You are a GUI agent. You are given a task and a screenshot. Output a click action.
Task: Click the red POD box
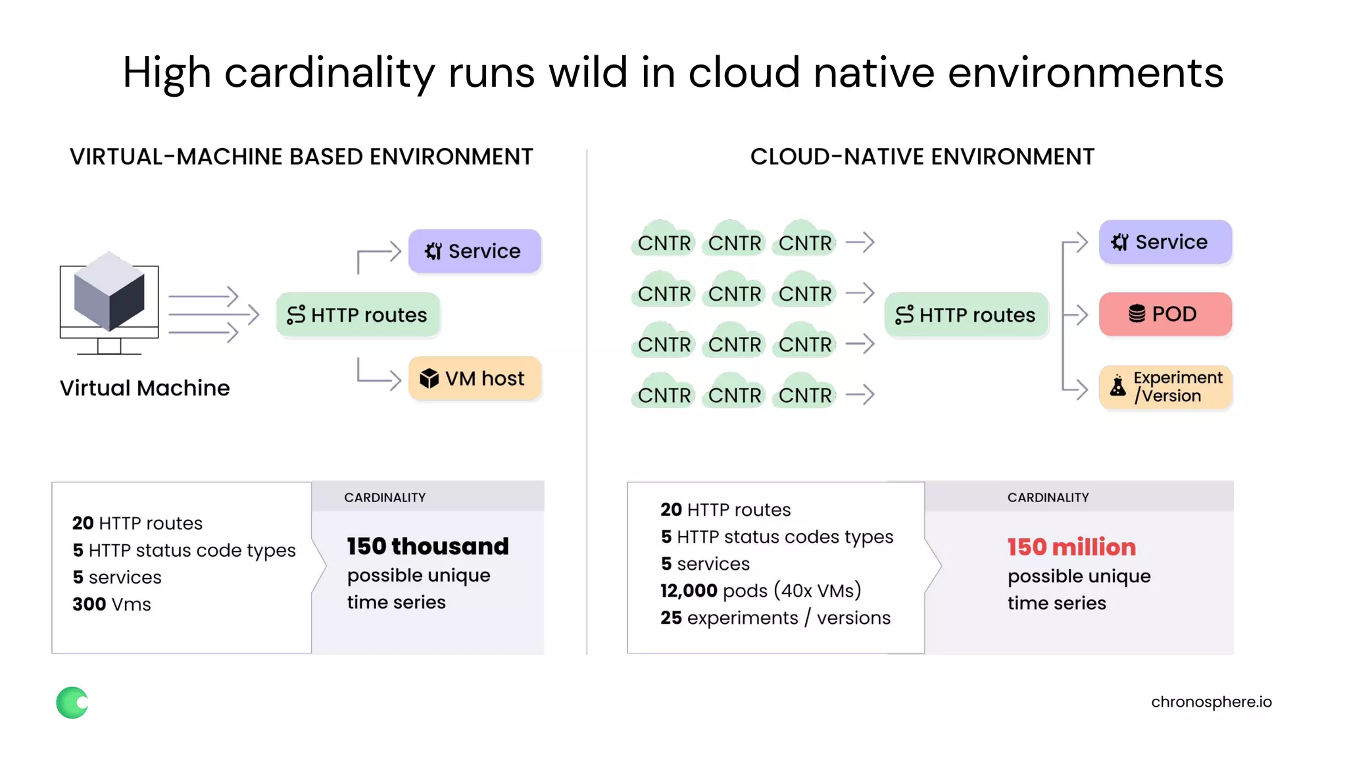1165,314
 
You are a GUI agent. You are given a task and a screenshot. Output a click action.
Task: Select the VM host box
474,378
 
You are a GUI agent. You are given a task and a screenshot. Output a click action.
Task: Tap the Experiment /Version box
1165,387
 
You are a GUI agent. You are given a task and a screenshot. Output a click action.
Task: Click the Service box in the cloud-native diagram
1165,241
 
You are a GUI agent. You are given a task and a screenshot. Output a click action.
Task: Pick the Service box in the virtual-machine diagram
474,251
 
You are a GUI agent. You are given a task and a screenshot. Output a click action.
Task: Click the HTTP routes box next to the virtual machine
358,315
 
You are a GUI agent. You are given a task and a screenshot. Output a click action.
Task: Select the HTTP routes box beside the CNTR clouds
966,315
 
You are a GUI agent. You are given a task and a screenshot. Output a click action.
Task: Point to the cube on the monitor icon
109,290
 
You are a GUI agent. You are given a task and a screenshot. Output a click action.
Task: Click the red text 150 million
1071,547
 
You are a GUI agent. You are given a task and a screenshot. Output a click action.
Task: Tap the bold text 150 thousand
428,546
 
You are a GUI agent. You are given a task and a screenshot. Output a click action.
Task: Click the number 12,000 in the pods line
689,590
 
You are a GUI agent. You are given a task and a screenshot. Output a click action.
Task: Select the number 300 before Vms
89,604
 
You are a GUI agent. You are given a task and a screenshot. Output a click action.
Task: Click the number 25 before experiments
671,618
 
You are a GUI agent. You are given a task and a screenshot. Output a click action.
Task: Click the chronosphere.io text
1211,702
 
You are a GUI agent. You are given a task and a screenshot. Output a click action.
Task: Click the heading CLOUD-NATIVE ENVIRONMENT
922,157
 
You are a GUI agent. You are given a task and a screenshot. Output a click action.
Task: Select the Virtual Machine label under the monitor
145,388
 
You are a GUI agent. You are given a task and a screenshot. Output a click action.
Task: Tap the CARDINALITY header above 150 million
1048,497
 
